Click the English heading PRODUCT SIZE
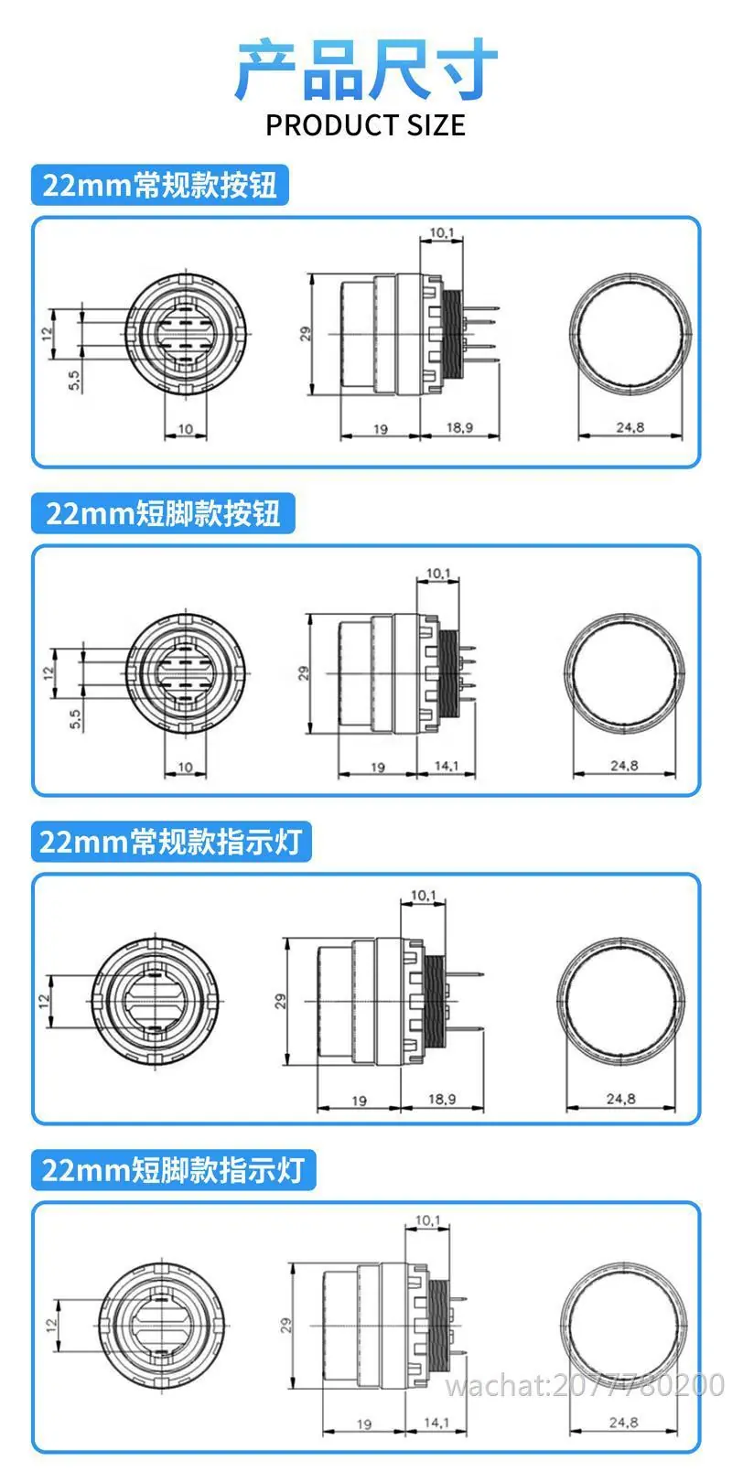[x=365, y=124]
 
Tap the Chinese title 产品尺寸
[x=366, y=69]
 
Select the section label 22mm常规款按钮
[x=160, y=185]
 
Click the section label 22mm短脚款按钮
[x=163, y=513]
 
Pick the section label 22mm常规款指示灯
[x=171, y=842]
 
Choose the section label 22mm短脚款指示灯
[x=173, y=1170]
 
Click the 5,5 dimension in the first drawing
[x=75, y=380]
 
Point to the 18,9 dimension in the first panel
[x=459, y=428]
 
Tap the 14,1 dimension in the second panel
[x=447, y=766]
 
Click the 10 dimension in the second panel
[x=186, y=767]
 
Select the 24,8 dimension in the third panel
[x=621, y=1098]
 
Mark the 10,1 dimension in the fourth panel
[x=428, y=1220]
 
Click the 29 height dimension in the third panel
[x=281, y=1002]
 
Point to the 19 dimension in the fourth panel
[x=364, y=1424]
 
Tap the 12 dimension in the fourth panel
[x=52, y=1327]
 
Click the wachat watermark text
[x=585, y=1386]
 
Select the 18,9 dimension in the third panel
[x=442, y=1099]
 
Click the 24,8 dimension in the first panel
[x=630, y=428]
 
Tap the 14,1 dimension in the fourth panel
[x=436, y=1423]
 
